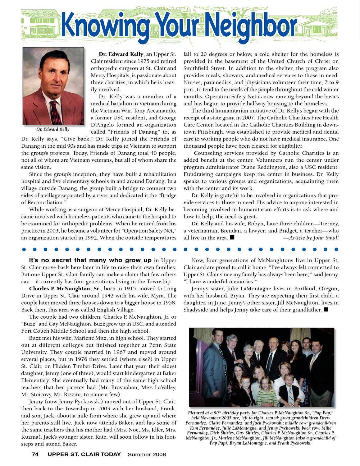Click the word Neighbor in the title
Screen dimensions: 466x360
click(250, 25)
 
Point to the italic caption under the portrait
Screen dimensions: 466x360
click(53, 129)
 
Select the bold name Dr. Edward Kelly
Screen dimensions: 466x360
click(121, 54)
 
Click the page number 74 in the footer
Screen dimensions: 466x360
click(35, 454)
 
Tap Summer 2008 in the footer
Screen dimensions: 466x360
click(147, 454)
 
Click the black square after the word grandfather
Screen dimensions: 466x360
click(326, 310)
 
